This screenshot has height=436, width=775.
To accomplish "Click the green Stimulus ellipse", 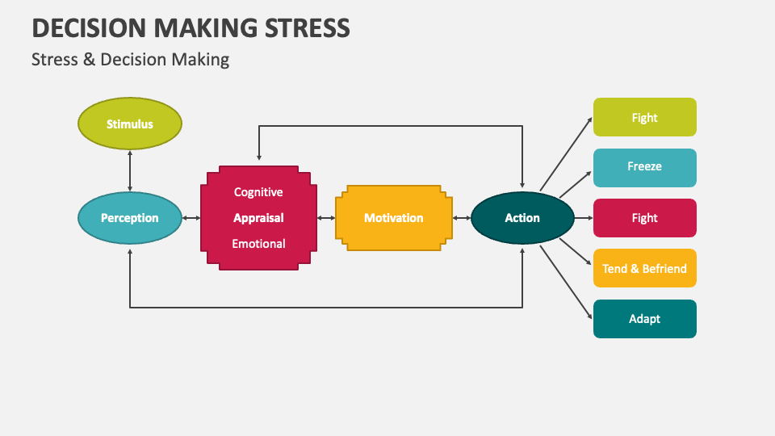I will [129, 124].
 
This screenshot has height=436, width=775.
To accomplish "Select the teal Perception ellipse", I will [129, 218].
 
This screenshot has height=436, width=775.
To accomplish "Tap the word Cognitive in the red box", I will [258, 192].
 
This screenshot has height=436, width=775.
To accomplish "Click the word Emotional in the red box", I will [258, 243].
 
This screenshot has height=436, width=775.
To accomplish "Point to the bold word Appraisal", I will [258, 218].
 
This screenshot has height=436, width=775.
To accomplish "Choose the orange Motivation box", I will [393, 218].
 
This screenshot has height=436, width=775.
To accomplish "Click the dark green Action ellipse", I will [522, 218].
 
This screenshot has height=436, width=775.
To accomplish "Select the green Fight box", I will [644, 118].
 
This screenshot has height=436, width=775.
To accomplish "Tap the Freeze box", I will [644, 167].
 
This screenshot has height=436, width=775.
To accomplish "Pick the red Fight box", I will [644, 218].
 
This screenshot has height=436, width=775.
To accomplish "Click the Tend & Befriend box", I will [644, 268].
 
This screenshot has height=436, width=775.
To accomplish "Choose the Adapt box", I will [644, 319].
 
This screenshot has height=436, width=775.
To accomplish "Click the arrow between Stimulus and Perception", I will [129, 171].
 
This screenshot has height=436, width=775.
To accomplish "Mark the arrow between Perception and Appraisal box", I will [191, 218].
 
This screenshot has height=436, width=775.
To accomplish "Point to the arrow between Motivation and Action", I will [461, 218].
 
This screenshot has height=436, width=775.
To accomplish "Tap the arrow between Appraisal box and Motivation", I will [326, 218].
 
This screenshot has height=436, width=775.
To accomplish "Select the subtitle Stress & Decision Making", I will [130, 60].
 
